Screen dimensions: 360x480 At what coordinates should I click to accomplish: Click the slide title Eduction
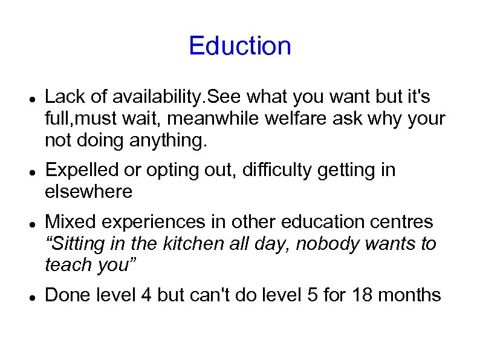click(x=240, y=46)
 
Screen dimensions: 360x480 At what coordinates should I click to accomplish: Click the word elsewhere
click(x=88, y=192)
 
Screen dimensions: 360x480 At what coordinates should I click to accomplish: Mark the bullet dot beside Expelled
click(x=30, y=171)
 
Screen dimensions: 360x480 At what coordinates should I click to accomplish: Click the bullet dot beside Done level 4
click(x=30, y=295)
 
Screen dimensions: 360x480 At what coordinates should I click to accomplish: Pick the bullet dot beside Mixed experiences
click(x=30, y=222)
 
